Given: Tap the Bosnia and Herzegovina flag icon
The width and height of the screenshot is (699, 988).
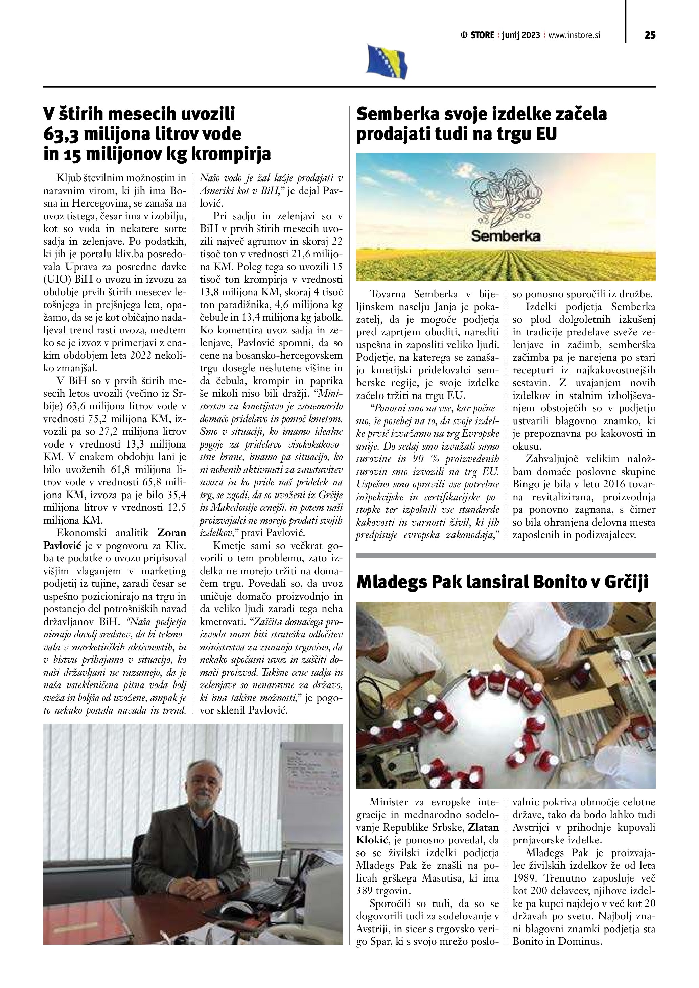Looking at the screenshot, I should (387, 62).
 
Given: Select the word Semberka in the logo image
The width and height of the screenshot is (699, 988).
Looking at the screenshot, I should (505, 236).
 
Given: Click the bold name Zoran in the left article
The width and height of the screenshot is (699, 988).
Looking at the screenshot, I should (172, 532).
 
